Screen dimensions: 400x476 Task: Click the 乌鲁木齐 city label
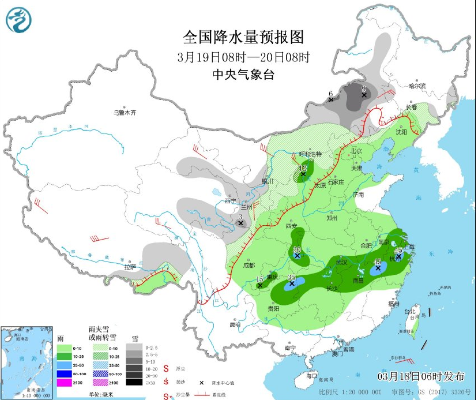coord(125,112)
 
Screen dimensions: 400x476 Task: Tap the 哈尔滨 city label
coord(417,86)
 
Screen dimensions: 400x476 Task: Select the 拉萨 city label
coord(130,267)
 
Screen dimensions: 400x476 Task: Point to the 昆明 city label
coord(235,324)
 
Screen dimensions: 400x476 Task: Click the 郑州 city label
coord(333,219)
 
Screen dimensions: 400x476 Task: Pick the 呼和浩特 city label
coord(310,154)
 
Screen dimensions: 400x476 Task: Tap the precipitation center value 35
coord(292,277)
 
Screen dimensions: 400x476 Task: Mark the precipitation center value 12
coord(303,168)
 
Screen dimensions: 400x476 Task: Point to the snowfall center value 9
coord(364,88)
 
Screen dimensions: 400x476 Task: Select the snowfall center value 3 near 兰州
coord(240,216)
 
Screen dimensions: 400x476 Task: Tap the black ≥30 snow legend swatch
coord(135,382)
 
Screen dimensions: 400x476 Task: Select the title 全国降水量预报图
coord(243,37)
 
